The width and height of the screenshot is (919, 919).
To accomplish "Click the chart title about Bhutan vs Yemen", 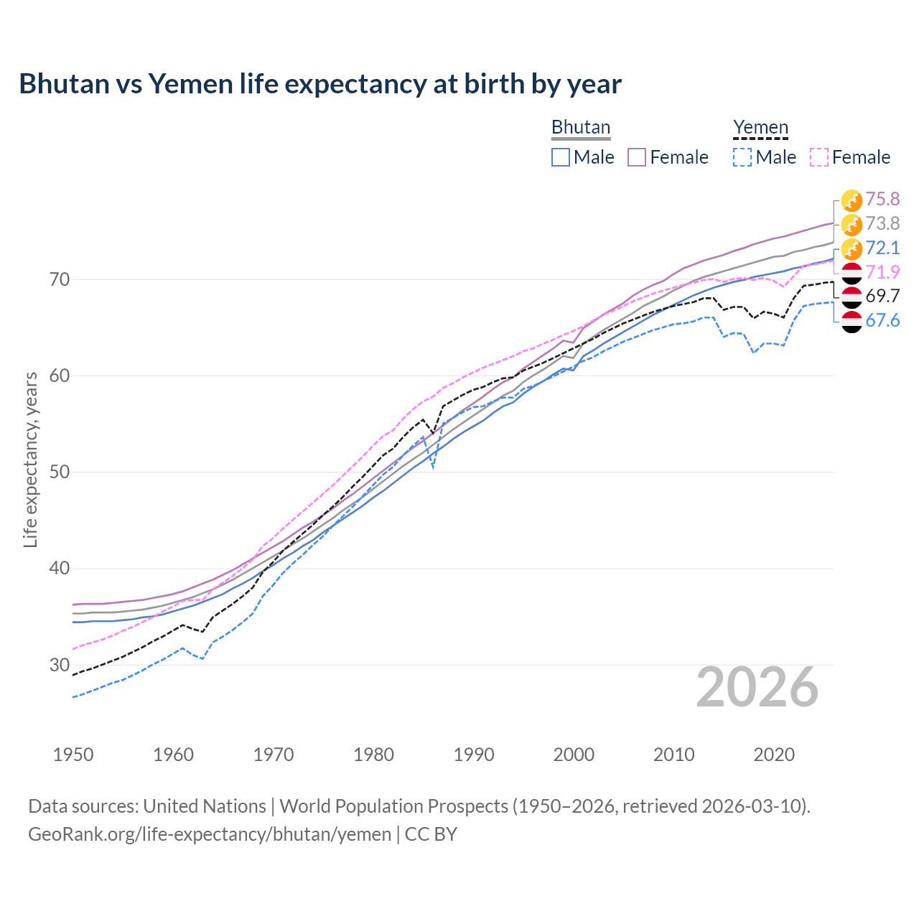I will pyautogui.click(x=320, y=84).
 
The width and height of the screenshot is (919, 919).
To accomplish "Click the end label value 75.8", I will pyautogui.click(x=882, y=199).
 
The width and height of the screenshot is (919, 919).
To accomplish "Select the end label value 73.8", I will pyautogui.click(x=882, y=223).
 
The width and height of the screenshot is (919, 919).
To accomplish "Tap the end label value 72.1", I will pyautogui.click(x=882, y=248).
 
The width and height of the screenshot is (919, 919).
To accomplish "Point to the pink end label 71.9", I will pyautogui.click(x=882, y=272).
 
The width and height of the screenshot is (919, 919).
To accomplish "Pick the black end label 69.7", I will pyautogui.click(x=882, y=296).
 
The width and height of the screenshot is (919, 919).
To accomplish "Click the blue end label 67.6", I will pyautogui.click(x=882, y=320).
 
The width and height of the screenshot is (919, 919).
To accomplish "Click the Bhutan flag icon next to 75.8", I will pyautogui.click(x=852, y=200).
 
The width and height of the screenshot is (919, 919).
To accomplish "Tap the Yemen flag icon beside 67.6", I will pyautogui.click(x=852, y=322).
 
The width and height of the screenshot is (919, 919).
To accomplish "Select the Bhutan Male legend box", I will pyautogui.click(x=561, y=157).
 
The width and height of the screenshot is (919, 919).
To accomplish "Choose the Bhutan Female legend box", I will pyautogui.click(x=637, y=157).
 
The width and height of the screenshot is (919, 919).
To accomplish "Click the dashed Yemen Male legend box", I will pyautogui.click(x=742, y=157).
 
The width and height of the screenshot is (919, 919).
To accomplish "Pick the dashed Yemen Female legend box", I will pyautogui.click(x=819, y=157).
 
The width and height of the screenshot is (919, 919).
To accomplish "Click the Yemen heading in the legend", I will pyautogui.click(x=760, y=128).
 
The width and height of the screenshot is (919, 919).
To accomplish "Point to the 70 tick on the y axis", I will pyautogui.click(x=60, y=279).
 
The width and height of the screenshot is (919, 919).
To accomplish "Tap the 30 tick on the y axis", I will pyautogui.click(x=60, y=665).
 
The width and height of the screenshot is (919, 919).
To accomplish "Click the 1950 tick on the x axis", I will pyautogui.click(x=73, y=755).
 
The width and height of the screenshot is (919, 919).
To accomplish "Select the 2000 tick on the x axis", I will pyautogui.click(x=574, y=755).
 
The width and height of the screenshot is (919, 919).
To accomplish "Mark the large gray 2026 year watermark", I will pyautogui.click(x=757, y=687).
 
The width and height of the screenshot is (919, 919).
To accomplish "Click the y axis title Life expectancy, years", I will pyautogui.click(x=30, y=459).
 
